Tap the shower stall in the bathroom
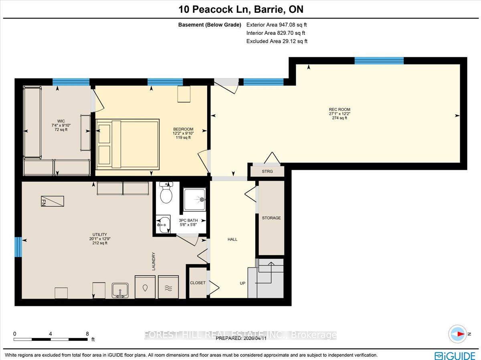point(194,199)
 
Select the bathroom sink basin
point(163,224)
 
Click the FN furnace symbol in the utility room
point(53,201)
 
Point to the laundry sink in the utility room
point(120,290)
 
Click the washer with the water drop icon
point(145,287)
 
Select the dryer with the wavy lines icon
point(168,287)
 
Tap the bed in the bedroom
point(127,145)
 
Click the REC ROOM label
point(340,109)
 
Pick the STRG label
point(267,171)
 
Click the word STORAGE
point(271,218)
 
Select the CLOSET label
point(198,283)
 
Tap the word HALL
point(232,239)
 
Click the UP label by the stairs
point(243,283)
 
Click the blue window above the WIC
point(71,82)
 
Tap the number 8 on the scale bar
point(87,334)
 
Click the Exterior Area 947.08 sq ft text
point(277,25)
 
